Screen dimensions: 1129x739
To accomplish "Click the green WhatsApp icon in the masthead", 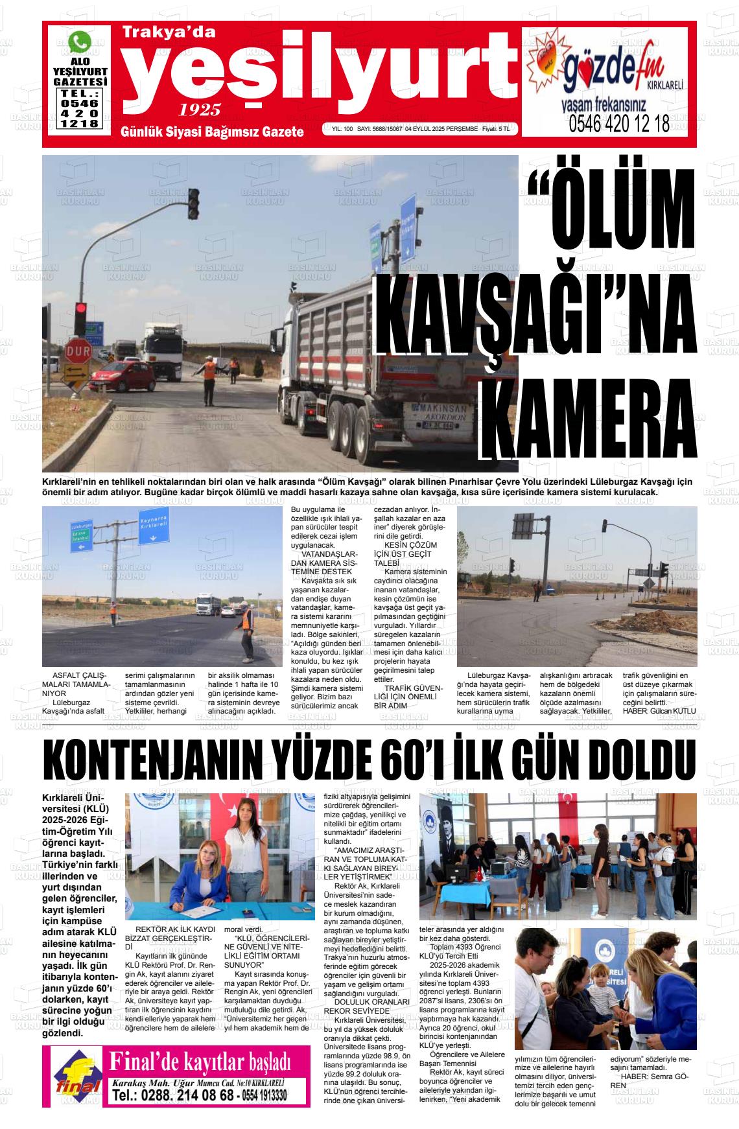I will click(x=80, y=42).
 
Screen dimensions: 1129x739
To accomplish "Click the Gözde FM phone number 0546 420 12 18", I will click(x=618, y=124).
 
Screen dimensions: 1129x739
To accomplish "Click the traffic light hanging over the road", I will click(x=193, y=204).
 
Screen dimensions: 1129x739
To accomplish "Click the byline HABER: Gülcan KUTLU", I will click(x=659, y=710).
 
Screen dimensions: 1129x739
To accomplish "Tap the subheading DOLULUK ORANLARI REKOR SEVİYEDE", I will click(x=368, y=1006).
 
